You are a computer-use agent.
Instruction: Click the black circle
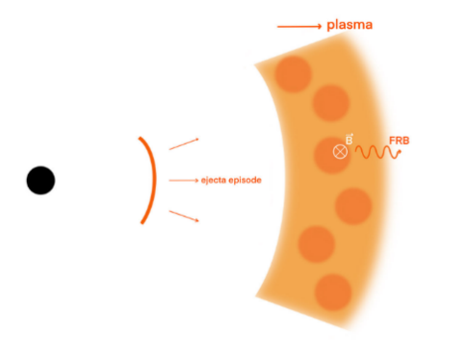40,180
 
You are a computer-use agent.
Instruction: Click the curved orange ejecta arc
154,180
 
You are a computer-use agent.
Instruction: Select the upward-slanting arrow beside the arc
184,144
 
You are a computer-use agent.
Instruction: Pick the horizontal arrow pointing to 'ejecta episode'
184,181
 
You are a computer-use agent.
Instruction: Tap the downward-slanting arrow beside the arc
184,216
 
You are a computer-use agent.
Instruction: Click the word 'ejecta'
213,180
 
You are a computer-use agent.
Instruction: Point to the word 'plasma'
350,26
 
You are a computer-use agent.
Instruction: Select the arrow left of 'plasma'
299,27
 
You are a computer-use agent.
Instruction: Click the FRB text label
400,141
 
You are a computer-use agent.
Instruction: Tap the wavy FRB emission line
378,152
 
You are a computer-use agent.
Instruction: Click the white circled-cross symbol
340,151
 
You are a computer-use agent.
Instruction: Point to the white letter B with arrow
350,140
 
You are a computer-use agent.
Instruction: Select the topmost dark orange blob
293,74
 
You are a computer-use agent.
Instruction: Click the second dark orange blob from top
331,103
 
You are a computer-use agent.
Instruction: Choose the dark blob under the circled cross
331,155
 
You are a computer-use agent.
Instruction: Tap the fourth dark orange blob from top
353,206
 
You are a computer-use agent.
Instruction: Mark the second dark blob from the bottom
317,244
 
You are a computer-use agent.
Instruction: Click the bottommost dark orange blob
333,292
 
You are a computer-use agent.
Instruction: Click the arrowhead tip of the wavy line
401,151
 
